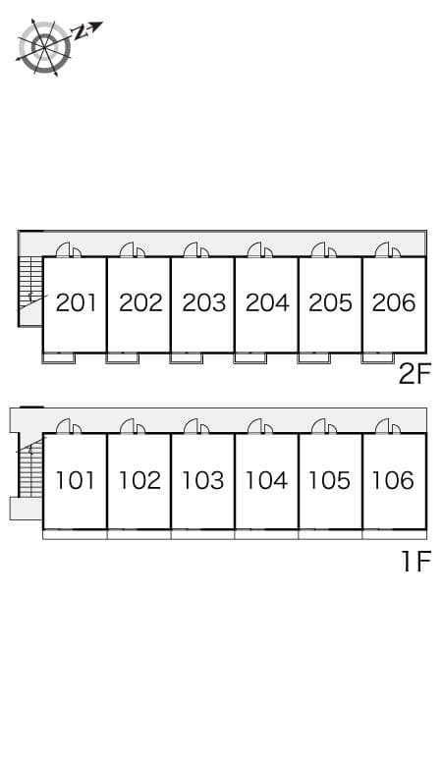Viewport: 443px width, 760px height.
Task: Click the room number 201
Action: coord(76,303)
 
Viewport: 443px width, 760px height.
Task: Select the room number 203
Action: coord(204,303)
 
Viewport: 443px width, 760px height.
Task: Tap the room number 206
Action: coord(394,303)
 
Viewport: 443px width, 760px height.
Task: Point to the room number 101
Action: coord(75,480)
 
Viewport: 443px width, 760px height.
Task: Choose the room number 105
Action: coord(329,480)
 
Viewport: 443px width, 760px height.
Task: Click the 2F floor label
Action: coord(415,374)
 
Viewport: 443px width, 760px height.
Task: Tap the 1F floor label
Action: coord(416,562)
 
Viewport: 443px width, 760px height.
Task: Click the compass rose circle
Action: coord(44,47)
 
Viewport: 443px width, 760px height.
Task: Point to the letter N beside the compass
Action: coord(78,32)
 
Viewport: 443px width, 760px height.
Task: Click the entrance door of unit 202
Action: coord(133,250)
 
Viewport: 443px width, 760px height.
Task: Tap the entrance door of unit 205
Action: coord(324,250)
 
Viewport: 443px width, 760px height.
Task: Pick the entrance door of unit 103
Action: coord(196,426)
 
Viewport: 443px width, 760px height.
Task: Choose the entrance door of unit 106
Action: coord(388,426)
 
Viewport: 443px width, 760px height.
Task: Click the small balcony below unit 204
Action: coord(250,357)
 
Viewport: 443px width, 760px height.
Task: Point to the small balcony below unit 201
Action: coord(59,357)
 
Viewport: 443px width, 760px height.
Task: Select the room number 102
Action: coord(139,480)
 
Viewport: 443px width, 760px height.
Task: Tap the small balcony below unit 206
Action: coord(377,357)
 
